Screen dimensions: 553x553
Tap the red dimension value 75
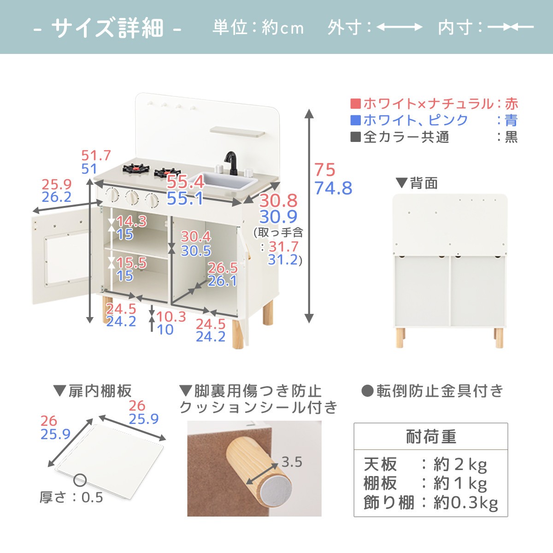click(325, 170)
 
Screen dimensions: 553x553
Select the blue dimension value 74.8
click(333, 188)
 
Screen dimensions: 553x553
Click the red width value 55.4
click(185, 182)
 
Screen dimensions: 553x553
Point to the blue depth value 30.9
click(278, 217)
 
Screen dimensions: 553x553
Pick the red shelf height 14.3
click(131, 221)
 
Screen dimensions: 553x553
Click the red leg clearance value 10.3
click(171, 317)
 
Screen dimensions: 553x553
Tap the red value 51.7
click(96, 156)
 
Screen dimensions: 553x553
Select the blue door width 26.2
click(57, 197)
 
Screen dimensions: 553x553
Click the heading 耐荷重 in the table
click(430, 436)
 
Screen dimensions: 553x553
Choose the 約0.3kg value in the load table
click(465, 502)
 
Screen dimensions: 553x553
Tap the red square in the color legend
click(356, 104)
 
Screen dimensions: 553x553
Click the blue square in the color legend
click(356, 120)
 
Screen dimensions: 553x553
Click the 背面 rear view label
click(424, 183)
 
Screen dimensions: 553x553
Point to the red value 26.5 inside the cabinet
click(223, 268)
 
